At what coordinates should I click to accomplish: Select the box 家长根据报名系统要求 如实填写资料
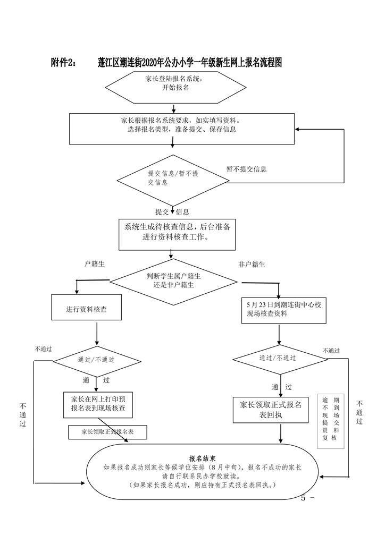pos(182,128)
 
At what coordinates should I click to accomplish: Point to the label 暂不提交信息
pos(246,169)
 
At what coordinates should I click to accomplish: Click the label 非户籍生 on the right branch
pos(252,264)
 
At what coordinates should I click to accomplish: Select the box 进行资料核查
pos(87,309)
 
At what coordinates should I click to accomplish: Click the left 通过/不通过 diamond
pos(96,360)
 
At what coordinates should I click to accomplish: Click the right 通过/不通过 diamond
pos(278,358)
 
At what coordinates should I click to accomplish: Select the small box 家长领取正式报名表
pos(107,432)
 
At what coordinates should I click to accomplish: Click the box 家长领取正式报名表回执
pos(270,410)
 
